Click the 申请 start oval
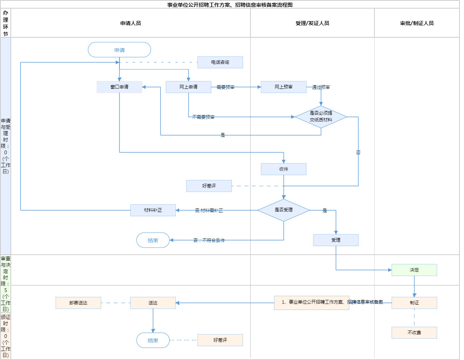[119, 50]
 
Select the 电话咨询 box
[220, 62]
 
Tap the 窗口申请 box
[119, 87]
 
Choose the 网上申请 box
[189, 87]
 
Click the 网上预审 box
[284, 87]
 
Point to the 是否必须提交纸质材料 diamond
[321, 117]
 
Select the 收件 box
[284, 169]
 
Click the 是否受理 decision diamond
[284, 210]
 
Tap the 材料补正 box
[153, 210]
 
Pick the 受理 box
[336, 240]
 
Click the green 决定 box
[414, 270]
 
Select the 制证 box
[414, 303]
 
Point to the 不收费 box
[414, 333]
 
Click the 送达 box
[153, 303]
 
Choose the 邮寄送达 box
[78, 303]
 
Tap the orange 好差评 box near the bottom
[220, 340]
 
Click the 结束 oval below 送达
[153, 340]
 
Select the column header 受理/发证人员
[312, 23]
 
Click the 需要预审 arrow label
[225, 87]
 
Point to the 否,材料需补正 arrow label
[209, 211]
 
